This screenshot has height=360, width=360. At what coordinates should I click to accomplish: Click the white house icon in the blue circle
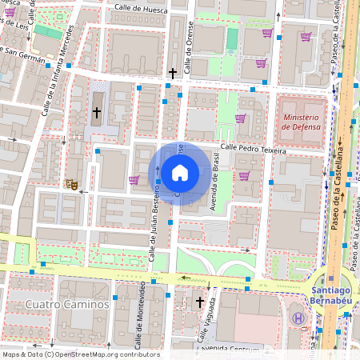[180, 173]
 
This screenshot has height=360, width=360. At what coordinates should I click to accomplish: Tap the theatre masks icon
[72, 184]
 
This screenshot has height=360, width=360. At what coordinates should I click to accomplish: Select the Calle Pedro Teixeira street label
[253, 148]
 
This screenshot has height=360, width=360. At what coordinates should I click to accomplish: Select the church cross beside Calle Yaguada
[200, 302]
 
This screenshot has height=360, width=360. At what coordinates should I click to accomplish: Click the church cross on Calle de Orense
[172, 74]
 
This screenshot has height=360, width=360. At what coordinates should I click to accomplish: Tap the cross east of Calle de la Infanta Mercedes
[97, 113]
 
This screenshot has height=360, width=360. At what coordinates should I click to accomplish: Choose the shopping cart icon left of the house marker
[134, 180]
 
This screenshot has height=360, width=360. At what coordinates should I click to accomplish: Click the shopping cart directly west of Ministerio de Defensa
[240, 118]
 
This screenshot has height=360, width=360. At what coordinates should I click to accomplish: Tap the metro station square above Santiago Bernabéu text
[331, 279]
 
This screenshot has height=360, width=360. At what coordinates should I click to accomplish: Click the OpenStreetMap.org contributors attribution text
[107, 354]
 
